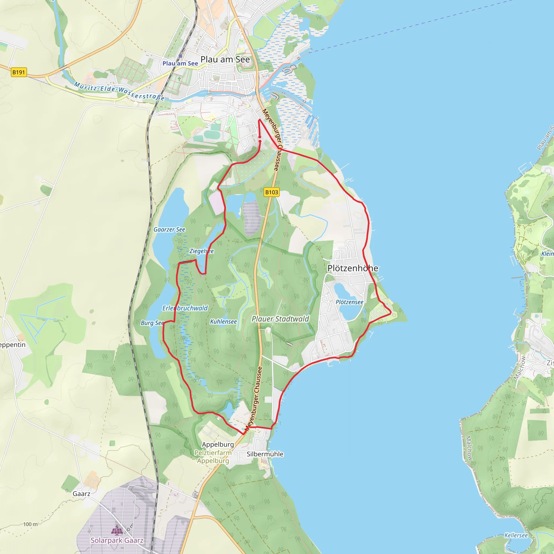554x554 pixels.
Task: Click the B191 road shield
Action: (19, 72)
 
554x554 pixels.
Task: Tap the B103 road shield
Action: (271, 192)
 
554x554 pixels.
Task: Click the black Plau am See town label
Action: (225, 59)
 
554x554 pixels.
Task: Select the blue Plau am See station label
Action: (180, 63)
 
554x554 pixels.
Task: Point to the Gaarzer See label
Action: (169, 230)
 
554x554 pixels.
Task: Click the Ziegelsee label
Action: (202, 251)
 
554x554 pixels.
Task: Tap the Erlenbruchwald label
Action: (185, 308)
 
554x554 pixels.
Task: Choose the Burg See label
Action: (152, 323)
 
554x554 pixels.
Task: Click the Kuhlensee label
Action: (223, 322)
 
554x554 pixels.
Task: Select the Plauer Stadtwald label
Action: (280, 319)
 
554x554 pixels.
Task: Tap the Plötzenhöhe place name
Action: (353, 268)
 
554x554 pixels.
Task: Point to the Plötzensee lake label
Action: (349, 302)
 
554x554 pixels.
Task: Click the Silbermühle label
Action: (265, 454)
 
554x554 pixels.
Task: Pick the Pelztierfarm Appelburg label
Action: (213, 457)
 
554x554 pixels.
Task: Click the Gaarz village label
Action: (81, 494)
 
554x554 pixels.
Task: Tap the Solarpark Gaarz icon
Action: (117, 530)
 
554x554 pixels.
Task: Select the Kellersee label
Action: (516, 535)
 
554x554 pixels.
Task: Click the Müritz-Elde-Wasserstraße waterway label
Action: (119, 91)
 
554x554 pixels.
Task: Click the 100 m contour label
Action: (30, 525)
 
